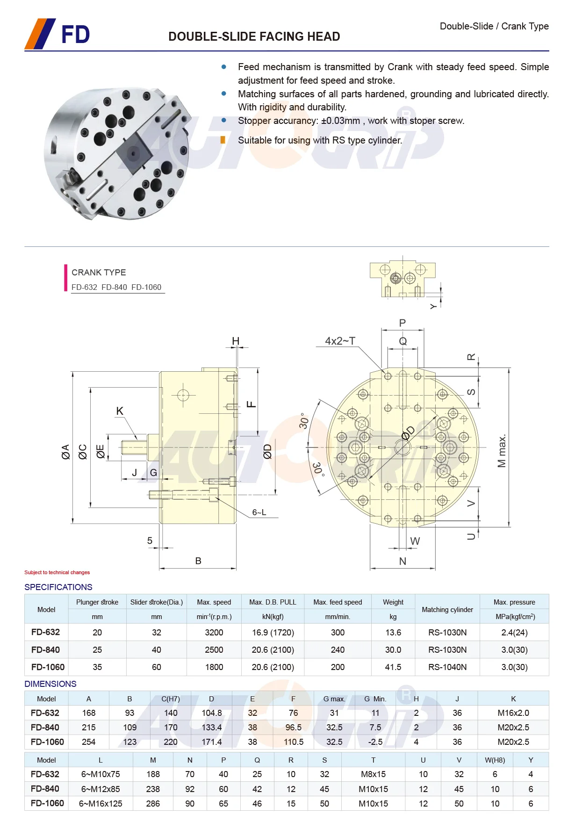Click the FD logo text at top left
click(75, 35)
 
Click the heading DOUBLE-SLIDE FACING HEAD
click(254, 36)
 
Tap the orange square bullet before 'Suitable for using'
click(223, 140)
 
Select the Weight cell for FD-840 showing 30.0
click(393, 649)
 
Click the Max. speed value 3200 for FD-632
click(214, 632)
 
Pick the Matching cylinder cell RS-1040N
click(447, 667)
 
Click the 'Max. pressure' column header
click(514, 602)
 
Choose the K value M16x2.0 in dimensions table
click(513, 713)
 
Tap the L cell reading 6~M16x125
click(101, 803)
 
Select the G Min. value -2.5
click(375, 742)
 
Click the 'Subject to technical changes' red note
click(57, 572)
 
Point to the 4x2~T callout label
click(340, 341)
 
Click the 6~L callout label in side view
click(259, 512)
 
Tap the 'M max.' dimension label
click(502, 451)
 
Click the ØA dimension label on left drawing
click(65, 452)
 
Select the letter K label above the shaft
click(120, 411)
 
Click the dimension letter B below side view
click(198, 561)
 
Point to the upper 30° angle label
click(304, 421)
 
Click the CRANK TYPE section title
click(99, 272)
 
